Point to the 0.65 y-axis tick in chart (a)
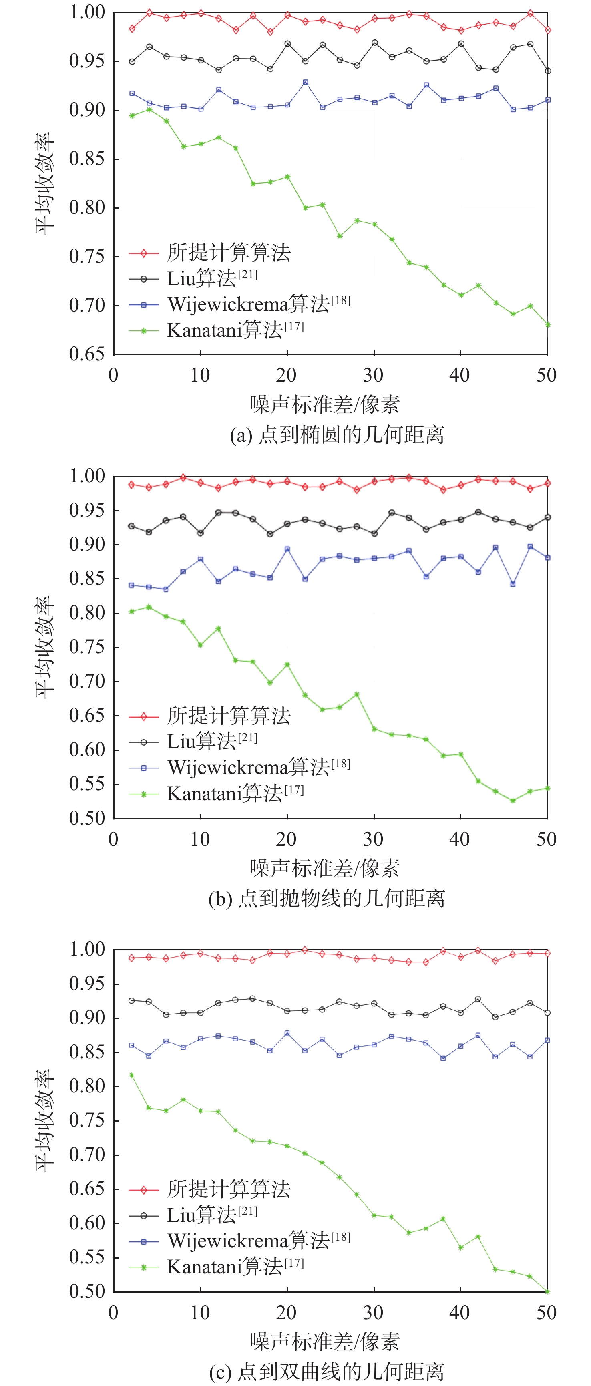point(86,354)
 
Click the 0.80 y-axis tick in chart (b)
point(86,612)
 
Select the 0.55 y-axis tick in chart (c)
point(86,1257)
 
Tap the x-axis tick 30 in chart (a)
point(373,375)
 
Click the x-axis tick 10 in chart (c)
point(200,1312)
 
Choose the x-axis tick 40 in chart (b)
point(460,839)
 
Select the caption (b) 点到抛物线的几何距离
point(326,898)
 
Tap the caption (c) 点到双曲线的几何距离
point(326,1372)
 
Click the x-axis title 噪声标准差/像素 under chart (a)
point(325,404)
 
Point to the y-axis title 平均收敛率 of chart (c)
point(45,1120)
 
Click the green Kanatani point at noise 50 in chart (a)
point(547,324)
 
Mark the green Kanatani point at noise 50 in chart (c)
point(547,1291)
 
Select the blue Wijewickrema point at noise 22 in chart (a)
point(305,82)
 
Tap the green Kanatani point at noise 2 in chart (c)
point(132,1075)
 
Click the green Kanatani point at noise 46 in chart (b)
point(513,801)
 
